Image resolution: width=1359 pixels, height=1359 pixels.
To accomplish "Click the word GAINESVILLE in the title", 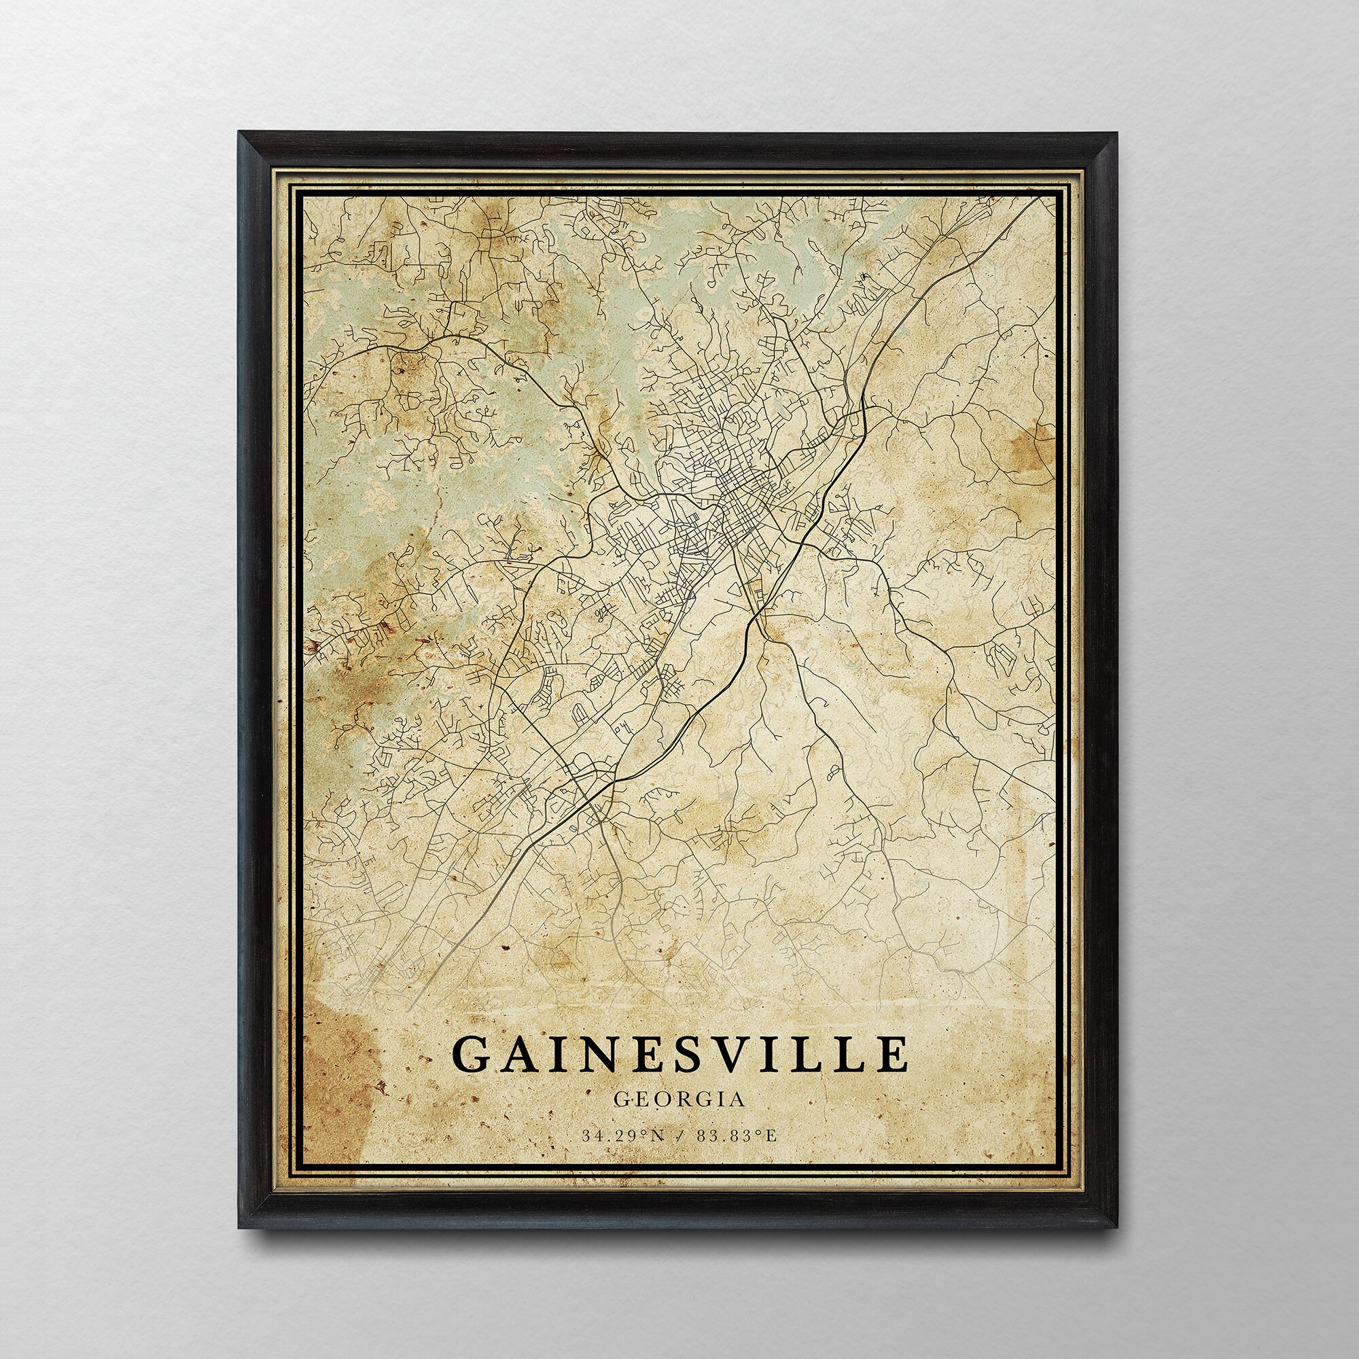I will click(x=679, y=1053).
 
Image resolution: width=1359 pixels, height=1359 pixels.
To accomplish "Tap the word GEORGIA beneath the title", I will click(x=679, y=1099).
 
